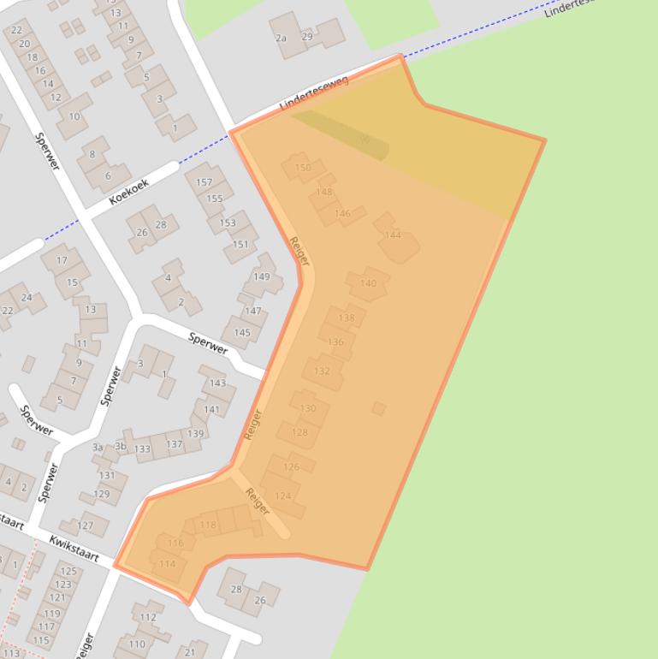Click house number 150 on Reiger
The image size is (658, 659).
pos(303,168)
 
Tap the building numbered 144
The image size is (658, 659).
pos(393,235)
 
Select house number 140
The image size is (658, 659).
pos(368,283)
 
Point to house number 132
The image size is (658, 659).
pos(322,371)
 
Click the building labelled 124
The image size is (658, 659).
pos(283,496)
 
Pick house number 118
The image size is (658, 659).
pos(208,525)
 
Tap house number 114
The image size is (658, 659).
pos(168,564)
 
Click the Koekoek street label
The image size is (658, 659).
pos(129,192)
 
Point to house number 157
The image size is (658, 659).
pos(204,182)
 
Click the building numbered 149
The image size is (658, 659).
pos(262,276)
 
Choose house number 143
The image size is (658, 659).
pos(218,383)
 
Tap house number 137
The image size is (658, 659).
pos(174,444)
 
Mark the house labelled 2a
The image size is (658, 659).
pos(281,39)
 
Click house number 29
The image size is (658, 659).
pos(307,37)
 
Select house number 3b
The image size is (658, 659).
pos(121,447)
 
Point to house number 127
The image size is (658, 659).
pos(86,525)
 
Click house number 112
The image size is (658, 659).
pos(148,617)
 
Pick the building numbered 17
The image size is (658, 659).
pos(62,260)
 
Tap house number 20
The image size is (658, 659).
pos(24,45)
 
